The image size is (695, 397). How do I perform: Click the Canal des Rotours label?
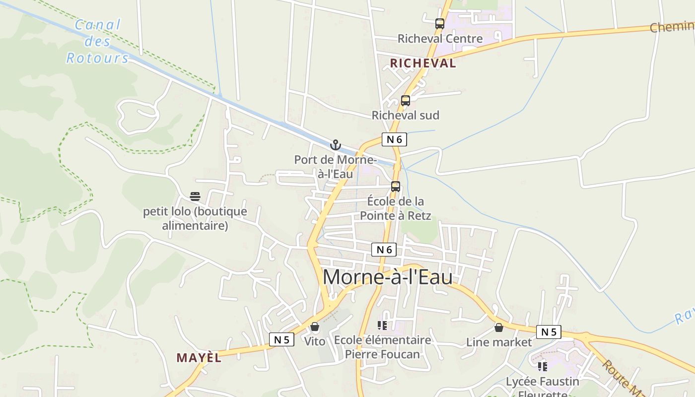click(x=97, y=41)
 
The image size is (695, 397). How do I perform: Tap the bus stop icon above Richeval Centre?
click(x=439, y=23)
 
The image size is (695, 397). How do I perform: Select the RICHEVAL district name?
click(x=422, y=63)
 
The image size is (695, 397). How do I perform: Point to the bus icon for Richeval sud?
click(x=405, y=101)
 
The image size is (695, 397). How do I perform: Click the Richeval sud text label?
click(x=405, y=115)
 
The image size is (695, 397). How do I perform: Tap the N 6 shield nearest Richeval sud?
click(x=394, y=139)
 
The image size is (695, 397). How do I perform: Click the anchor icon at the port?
click(x=336, y=145)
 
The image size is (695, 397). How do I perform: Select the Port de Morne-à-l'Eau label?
click(x=336, y=167)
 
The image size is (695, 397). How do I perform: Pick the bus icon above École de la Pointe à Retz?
click(x=395, y=187)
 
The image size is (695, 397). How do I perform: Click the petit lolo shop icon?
click(x=195, y=197)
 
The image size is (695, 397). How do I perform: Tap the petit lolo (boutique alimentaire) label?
click(x=195, y=218)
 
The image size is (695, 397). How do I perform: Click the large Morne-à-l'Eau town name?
click(x=387, y=277)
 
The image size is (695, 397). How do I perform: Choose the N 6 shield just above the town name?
click(x=384, y=250)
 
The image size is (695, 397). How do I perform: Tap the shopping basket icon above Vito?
click(x=314, y=327)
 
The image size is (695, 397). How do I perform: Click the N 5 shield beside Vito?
click(x=281, y=339)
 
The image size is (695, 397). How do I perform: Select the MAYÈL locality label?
click(x=199, y=357)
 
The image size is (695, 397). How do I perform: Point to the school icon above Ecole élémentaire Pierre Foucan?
click(x=382, y=326)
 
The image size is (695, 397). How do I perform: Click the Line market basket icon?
click(x=498, y=328)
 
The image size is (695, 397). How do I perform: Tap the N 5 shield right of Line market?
click(x=549, y=332)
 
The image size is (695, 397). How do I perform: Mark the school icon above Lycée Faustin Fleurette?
click(x=542, y=367)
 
